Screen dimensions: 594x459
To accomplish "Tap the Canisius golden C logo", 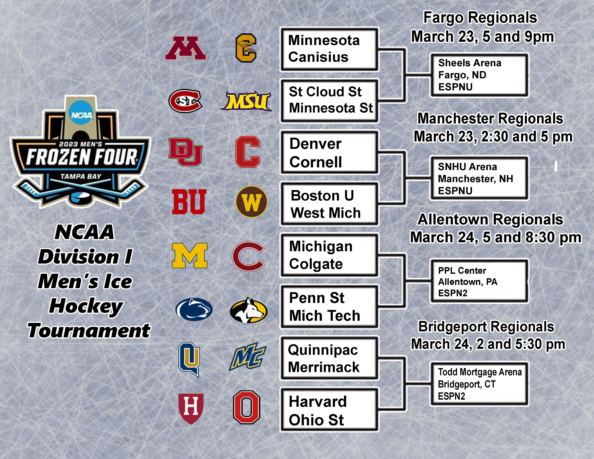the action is pos(246,48).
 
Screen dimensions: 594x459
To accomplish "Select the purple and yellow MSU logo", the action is pos(246,101).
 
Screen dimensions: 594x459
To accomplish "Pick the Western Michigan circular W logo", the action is pos(252,202).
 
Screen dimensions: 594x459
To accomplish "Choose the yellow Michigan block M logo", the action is pos(190,256).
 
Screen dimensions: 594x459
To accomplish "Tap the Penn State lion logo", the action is pos(194,309).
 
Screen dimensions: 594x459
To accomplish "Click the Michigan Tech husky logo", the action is pos(249,310).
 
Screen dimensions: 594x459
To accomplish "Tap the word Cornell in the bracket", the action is pos(316,162).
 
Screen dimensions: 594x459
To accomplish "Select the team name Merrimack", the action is pos(324,367).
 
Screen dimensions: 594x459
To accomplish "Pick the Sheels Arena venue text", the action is pos(470,63).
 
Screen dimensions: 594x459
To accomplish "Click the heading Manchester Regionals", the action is pos(490,119).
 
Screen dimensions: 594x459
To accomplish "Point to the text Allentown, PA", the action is pos(467,282).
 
